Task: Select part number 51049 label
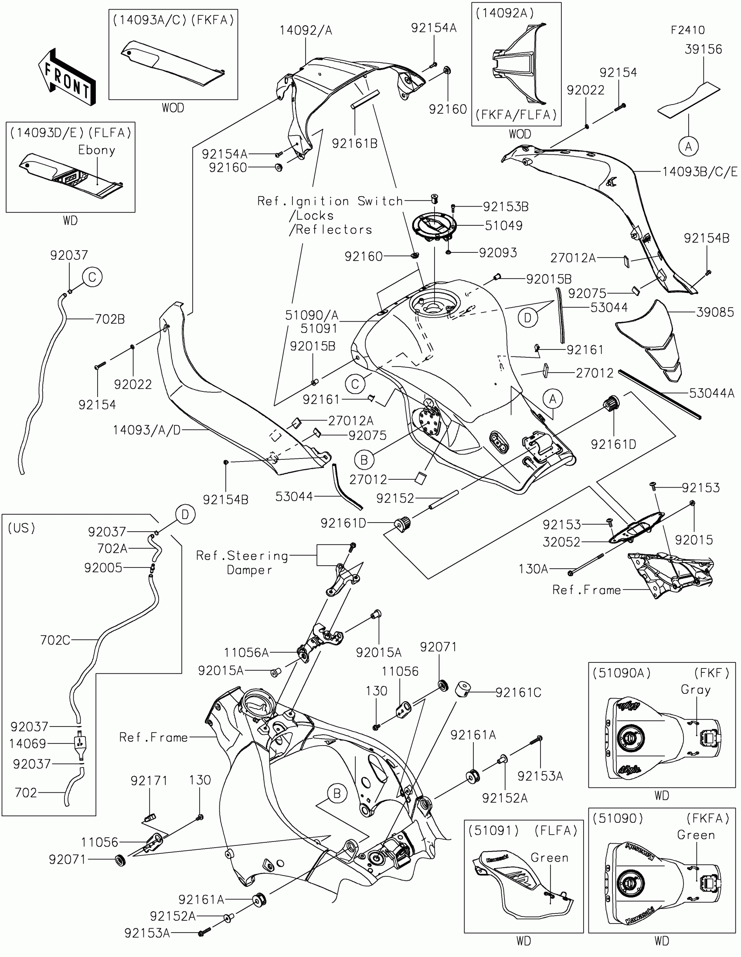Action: pos(503,226)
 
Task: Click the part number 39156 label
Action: pos(703,49)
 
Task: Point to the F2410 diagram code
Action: pos(687,30)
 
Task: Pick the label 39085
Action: pos(715,312)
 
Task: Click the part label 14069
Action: pos(27,743)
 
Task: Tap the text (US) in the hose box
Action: pos(21,528)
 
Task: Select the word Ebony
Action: pos(96,150)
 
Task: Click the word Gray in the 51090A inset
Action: pos(695,690)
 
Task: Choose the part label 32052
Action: pos(561,542)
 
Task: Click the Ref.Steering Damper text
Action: pos(242,563)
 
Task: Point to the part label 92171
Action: pos(149,781)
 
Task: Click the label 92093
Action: pos(498,253)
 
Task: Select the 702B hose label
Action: pos(109,319)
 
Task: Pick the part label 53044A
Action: pos(711,393)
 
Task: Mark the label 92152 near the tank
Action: pos(395,498)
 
